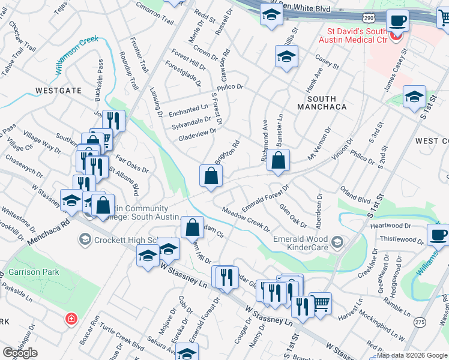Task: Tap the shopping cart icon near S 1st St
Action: (x=321, y=302)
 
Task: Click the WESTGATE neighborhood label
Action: (x=58, y=90)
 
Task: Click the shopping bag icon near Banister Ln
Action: (x=279, y=160)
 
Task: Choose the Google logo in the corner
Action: (x=20, y=353)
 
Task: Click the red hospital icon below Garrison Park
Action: (x=71, y=318)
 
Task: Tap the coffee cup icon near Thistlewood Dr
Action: (x=438, y=235)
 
